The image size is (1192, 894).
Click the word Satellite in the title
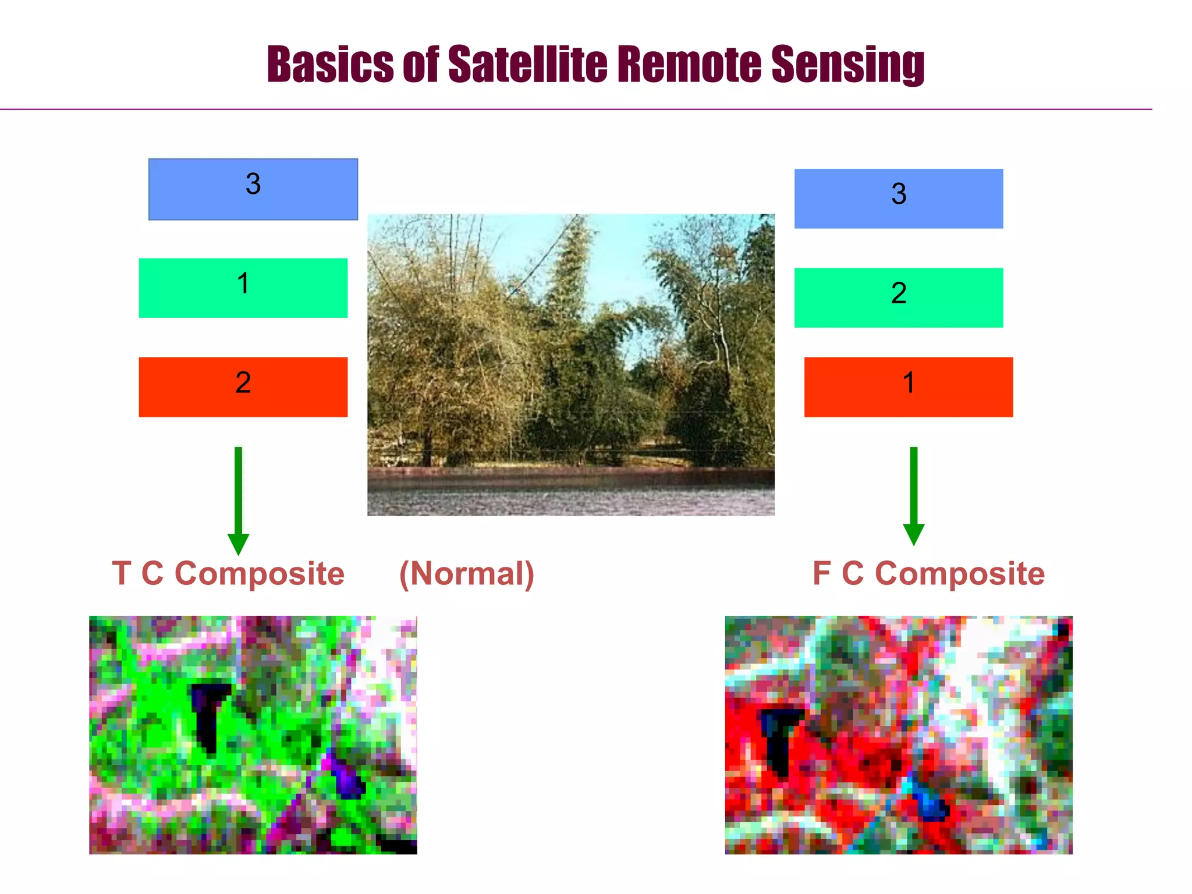[x=528, y=64]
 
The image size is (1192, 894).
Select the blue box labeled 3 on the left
[x=253, y=189]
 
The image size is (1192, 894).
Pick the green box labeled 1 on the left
[x=243, y=288]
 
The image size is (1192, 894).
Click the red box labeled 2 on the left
[x=243, y=387]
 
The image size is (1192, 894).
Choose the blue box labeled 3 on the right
[x=899, y=198]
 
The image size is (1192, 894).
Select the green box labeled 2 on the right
[x=899, y=297]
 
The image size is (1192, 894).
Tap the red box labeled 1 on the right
[x=909, y=387]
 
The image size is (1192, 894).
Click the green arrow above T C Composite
[x=238, y=501]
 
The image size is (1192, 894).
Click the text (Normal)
[x=466, y=574]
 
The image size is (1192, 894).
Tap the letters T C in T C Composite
[x=138, y=573]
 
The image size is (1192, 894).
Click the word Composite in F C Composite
[x=960, y=574]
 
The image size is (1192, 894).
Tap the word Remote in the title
[x=689, y=64]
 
